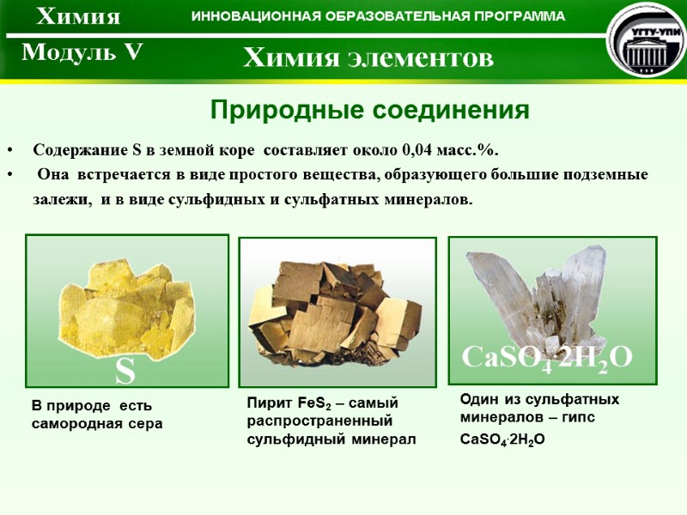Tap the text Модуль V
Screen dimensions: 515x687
[x=82, y=53]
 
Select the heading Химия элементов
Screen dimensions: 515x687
[x=368, y=58]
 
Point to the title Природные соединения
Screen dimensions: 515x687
[x=369, y=111]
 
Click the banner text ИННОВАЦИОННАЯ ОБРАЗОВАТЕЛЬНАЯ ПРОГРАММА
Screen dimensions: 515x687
[x=378, y=16]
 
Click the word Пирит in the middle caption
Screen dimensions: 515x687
[x=264, y=403]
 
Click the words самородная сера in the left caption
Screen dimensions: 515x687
[x=97, y=424]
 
